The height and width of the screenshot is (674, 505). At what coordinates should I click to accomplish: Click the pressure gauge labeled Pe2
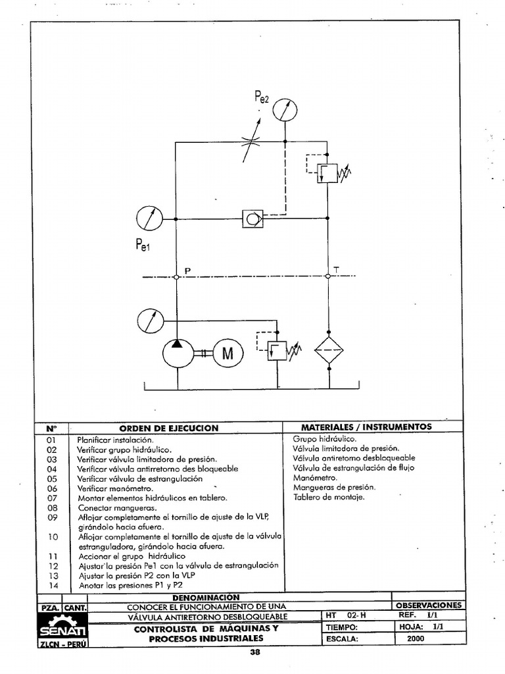coord(284,109)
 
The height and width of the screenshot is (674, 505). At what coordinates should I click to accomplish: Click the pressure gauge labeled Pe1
coord(149,218)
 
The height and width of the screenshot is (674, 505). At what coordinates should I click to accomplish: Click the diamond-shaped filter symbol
coord(328,350)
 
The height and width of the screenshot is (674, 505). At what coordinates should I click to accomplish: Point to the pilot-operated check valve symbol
coord(252,218)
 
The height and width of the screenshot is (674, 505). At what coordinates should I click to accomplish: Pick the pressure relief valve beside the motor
coord(277,350)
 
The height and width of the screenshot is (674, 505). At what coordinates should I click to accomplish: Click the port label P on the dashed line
coord(187,271)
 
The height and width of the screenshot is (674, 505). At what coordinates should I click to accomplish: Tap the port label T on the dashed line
coord(337,270)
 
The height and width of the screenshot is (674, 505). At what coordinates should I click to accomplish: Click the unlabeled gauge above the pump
coord(150,321)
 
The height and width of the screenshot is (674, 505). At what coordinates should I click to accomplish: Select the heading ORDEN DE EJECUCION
coord(168,428)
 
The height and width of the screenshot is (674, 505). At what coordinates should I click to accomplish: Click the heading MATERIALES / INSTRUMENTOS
coord(366,427)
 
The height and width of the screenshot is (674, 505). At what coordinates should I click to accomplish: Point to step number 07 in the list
coord(53,498)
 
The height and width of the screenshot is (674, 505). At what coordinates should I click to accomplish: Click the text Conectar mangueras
coord(108,507)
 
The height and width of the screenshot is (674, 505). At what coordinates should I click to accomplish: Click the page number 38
coord(256,653)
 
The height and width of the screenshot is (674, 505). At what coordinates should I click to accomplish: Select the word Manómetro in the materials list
coord(315,477)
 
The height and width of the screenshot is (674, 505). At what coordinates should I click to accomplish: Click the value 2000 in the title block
coord(416,638)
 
